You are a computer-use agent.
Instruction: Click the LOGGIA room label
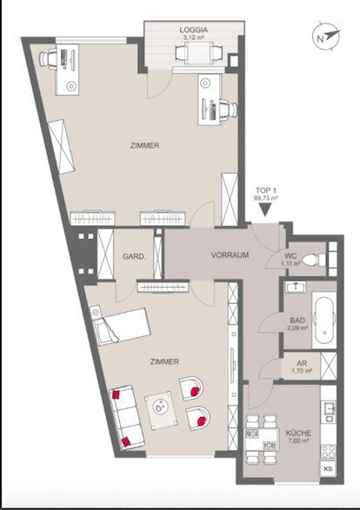pyautogui.click(x=194, y=30)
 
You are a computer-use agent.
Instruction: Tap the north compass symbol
pyautogui.click(x=326, y=36)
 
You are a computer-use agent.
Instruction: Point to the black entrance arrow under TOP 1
pyautogui.click(x=265, y=209)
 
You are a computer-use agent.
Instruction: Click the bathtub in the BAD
pyautogui.click(x=323, y=321)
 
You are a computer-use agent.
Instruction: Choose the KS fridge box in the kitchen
pyautogui.click(x=328, y=468)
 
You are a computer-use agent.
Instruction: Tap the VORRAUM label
pyautogui.click(x=230, y=255)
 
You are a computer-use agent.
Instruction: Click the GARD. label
pyautogui.click(x=134, y=256)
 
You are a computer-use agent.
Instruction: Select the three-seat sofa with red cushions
pyautogui.click(x=126, y=418)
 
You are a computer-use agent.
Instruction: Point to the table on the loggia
pyautogui.click(x=198, y=53)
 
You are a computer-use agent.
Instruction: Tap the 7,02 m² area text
pyautogui.click(x=299, y=440)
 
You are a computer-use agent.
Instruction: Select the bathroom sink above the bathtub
pyautogui.click(x=296, y=287)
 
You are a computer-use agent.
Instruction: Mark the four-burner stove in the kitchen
pyautogui.click(x=328, y=452)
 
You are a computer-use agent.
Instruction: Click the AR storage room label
pyautogui.click(x=302, y=363)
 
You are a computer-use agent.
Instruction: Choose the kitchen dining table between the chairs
pyautogui.click(x=262, y=439)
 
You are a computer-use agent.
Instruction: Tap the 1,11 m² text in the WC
pyautogui.click(x=291, y=264)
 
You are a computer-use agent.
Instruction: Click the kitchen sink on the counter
pyautogui.click(x=328, y=413)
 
